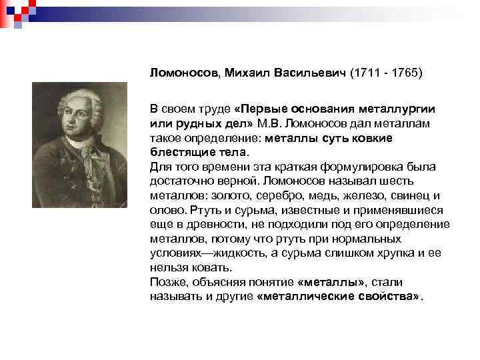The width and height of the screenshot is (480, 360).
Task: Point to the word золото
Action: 228,195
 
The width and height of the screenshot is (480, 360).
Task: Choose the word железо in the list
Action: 359,195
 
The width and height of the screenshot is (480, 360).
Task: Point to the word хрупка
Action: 384,253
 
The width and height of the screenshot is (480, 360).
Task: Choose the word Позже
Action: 167,282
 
